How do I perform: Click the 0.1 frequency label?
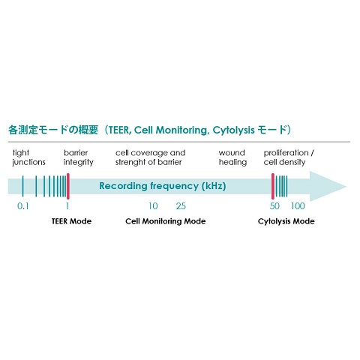[x=23, y=206]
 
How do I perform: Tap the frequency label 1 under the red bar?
[x=67, y=206]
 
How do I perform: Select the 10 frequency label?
[x=153, y=206]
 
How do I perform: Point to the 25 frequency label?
[x=181, y=206]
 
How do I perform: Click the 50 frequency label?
[x=274, y=206]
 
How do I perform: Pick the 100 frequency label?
[x=298, y=206]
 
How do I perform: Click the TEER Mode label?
[x=71, y=221]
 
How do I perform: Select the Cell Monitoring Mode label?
[x=166, y=221]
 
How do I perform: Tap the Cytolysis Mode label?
[x=286, y=221]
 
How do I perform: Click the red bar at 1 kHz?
[x=68, y=186]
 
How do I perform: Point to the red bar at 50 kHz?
[x=273, y=186]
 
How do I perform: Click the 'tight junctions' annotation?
[x=28, y=157]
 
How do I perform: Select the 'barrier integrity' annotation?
[x=79, y=157]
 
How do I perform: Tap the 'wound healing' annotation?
[x=232, y=157]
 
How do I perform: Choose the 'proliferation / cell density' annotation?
[x=289, y=157]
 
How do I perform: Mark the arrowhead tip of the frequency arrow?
[x=346, y=187]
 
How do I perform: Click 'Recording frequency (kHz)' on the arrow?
[x=163, y=186]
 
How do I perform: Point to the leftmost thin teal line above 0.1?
[x=22, y=186]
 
